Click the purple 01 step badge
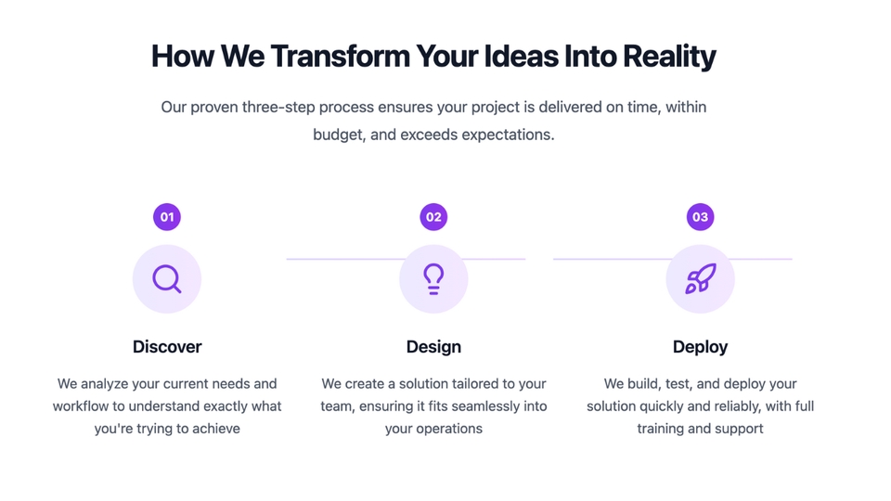click(x=166, y=217)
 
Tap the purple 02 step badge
click(x=433, y=217)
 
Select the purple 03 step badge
click(x=700, y=217)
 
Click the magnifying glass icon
click(x=166, y=279)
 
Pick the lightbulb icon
click(x=433, y=279)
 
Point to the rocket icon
click(x=700, y=279)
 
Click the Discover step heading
click(x=167, y=346)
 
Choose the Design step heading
click(x=433, y=346)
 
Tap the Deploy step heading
click(x=700, y=346)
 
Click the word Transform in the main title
click(x=340, y=57)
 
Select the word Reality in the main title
click(x=669, y=57)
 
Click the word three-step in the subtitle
click(x=278, y=108)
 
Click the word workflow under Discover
click(x=81, y=406)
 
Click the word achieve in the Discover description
click(x=216, y=429)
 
